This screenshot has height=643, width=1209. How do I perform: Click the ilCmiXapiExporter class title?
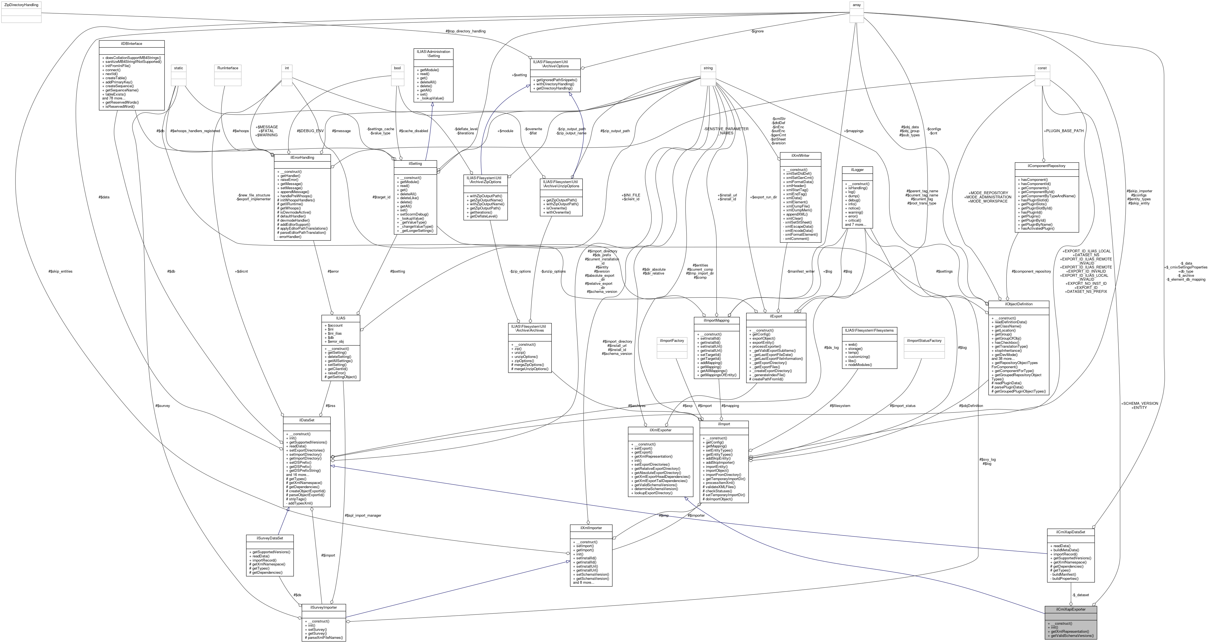click(x=1071, y=609)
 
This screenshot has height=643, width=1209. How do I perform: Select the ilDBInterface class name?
click(x=132, y=44)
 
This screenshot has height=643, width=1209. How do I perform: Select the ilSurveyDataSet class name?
click(x=269, y=538)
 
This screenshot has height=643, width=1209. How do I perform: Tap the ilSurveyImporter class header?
click(x=324, y=607)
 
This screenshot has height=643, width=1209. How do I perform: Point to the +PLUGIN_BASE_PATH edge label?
click(x=1064, y=131)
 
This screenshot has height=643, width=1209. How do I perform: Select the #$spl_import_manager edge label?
click(x=363, y=515)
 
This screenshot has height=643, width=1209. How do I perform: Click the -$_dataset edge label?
click(x=1080, y=595)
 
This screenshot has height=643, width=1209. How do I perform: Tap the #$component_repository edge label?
click(x=1031, y=271)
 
